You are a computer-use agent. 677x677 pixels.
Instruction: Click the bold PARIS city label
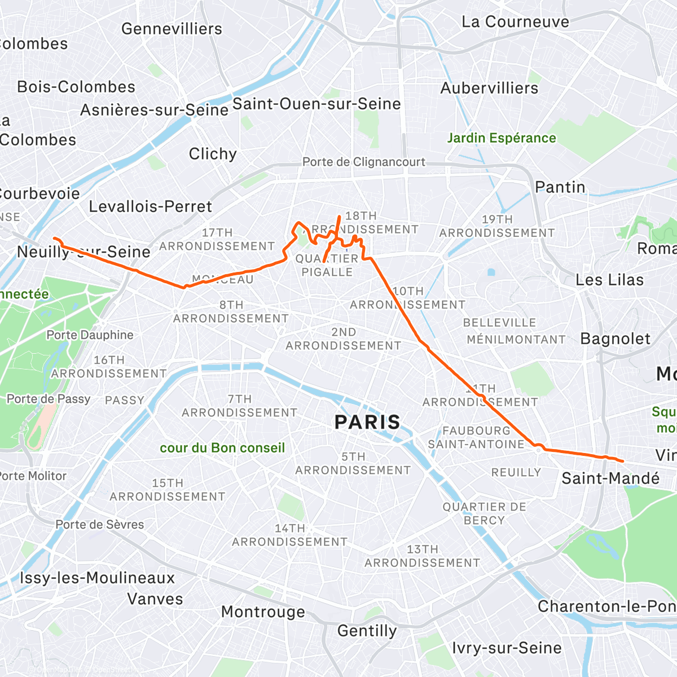[367, 422]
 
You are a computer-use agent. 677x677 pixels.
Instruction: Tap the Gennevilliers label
[172, 29]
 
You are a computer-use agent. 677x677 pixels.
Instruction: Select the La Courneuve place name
[515, 22]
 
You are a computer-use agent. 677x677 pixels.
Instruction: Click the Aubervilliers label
[489, 89]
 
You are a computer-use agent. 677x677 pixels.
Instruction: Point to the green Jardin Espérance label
[501, 138]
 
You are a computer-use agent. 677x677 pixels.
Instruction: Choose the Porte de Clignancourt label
[364, 162]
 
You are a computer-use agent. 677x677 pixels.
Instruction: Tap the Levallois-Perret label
[150, 206]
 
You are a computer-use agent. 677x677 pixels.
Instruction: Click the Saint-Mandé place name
[610, 478]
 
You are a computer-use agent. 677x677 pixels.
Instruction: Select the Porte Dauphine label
[90, 335]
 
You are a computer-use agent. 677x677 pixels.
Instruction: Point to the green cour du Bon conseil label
[222, 448]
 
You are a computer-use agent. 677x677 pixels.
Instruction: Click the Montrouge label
[263, 612]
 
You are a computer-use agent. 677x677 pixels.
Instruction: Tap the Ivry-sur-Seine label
[507, 648]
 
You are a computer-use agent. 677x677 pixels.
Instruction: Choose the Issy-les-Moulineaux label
[97, 578]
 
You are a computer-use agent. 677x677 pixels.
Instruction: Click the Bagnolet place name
[615, 338]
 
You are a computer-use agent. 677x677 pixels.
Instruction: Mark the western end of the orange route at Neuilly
[54, 238]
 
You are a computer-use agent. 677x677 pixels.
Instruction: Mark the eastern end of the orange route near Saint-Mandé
[622, 461]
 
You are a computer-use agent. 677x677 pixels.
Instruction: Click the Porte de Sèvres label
[99, 525]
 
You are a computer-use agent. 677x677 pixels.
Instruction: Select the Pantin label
[560, 187]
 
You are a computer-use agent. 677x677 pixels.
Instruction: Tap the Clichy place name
[213, 154]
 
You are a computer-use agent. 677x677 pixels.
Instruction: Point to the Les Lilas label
[609, 280]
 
